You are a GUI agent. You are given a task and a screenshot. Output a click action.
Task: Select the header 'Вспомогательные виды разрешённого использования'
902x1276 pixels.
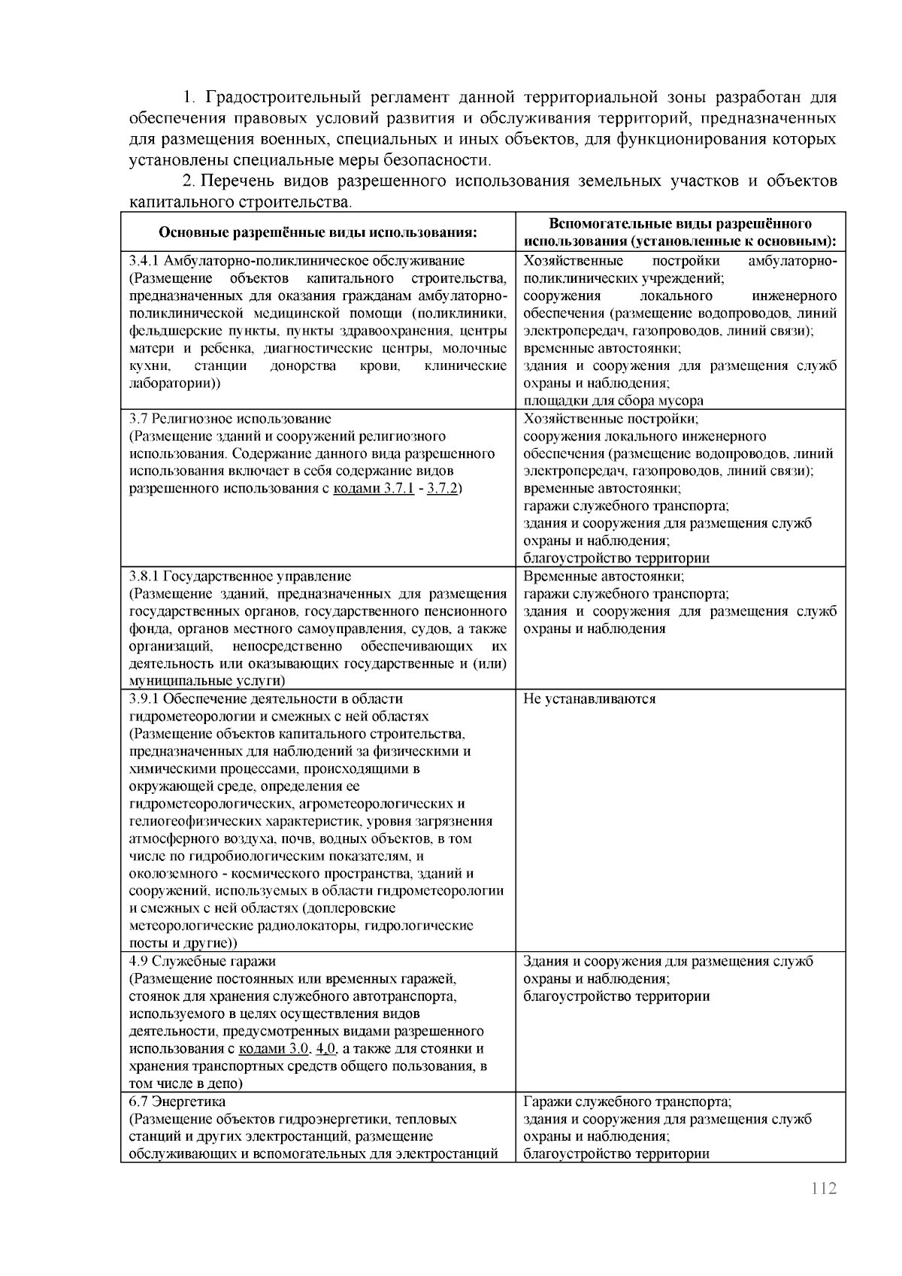tap(680, 232)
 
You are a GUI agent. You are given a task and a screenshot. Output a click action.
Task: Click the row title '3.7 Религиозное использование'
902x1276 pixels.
tap(230, 419)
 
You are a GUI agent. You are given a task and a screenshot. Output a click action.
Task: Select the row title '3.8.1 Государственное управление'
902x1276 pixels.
tap(240, 577)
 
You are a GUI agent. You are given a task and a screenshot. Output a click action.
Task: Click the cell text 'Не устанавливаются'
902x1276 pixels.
tap(589, 699)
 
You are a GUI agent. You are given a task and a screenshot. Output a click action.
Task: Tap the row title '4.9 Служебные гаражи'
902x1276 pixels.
tap(202, 961)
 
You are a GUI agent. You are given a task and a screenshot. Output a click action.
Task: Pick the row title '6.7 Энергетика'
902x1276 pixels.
tap(177, 1102)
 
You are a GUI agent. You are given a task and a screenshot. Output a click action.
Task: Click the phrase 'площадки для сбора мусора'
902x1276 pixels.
tap(613, 401)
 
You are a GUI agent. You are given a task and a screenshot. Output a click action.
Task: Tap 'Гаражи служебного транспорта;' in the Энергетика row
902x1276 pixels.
tap(627, 1102)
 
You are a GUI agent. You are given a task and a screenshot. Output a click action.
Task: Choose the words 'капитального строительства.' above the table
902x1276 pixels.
tap(240, 202)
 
